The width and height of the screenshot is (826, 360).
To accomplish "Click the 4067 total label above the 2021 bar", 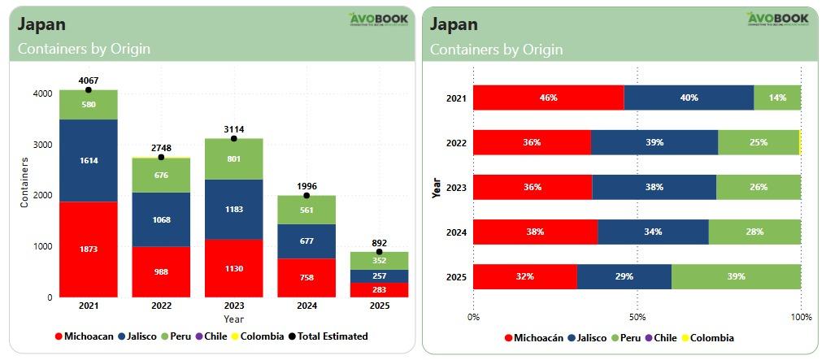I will click(88, 80).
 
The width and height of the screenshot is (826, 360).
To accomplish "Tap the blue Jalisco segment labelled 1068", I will click(161, 219).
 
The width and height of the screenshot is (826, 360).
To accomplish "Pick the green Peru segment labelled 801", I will click(234, 158).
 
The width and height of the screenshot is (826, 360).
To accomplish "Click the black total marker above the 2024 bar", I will click(306, 196).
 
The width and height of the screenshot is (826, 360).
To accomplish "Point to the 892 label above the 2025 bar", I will click(379, 242).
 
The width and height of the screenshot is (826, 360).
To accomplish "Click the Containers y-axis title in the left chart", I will click(24, 184).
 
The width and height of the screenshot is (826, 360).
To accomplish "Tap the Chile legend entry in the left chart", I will click(211, 336).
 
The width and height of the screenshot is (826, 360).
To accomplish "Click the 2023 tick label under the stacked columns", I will click(234, 306).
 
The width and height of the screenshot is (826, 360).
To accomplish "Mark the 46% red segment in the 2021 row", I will click(548, 98).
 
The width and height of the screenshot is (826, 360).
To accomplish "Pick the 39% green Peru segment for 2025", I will click(736, 276).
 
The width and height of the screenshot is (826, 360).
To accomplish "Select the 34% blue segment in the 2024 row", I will click(653, 232).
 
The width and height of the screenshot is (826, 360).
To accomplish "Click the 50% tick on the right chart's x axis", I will click(637, 317).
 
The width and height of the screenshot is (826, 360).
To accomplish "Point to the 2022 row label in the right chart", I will click(457, 142).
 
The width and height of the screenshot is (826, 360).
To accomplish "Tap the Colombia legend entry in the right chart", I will click(707, 338).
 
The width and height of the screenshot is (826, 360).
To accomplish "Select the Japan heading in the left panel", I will click(42, 24).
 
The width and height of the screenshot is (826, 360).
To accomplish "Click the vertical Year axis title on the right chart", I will click(437, 189).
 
